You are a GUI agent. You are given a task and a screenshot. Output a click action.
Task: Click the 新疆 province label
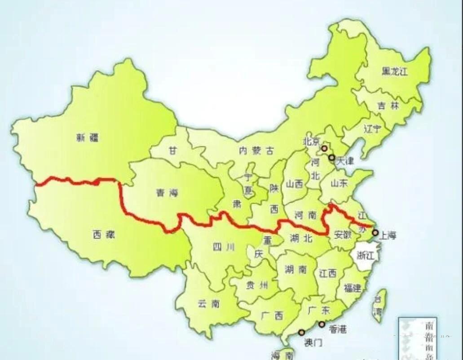87,138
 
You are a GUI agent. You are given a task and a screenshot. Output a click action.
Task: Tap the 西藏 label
104,234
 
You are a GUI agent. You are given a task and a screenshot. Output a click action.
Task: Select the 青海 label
167,193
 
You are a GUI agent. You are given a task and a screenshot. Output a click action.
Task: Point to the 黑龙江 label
394,71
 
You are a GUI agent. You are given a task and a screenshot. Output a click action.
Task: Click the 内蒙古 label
256,151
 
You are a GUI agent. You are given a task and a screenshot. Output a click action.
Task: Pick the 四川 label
224,247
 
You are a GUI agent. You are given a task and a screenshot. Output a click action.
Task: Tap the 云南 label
208,304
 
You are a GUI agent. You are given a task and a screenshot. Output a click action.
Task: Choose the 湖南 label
296,270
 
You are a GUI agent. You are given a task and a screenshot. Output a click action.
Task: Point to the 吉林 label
388,106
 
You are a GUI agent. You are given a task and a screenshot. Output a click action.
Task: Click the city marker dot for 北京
324,148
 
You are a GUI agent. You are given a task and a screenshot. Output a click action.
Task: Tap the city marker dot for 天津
331,158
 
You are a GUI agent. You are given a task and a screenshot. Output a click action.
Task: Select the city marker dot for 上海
375,232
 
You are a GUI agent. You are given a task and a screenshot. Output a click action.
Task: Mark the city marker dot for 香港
322,324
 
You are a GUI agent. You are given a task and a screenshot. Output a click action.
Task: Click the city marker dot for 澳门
301,333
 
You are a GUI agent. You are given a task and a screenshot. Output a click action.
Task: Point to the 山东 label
340,183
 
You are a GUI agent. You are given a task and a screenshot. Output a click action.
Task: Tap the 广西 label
272,316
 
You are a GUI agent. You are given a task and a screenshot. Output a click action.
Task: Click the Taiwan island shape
379,306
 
